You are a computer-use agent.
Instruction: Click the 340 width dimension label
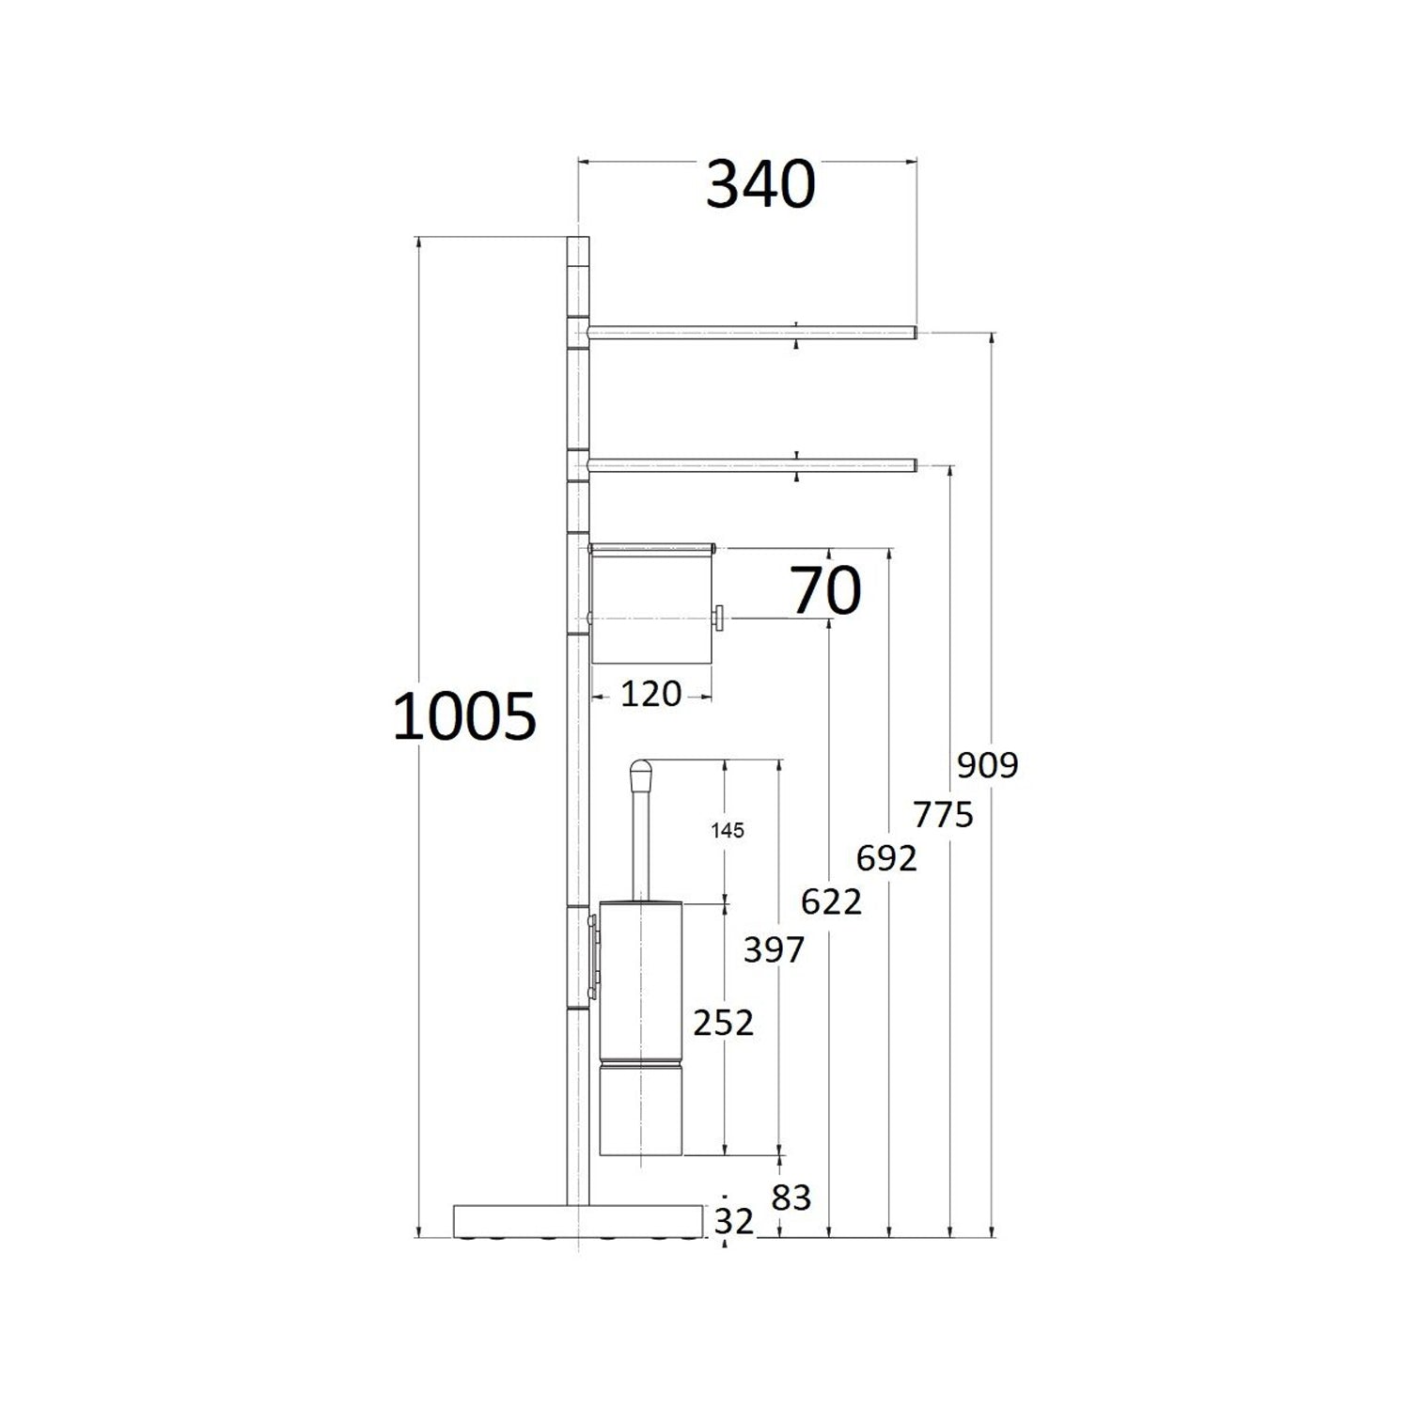(x=760, y=185)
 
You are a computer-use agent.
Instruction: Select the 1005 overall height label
(x=463, y=716)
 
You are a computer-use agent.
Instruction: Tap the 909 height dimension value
(x=987, y=765)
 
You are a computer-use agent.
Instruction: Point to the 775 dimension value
(x=944, y=813)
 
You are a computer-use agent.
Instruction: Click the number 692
(x=886, y=857)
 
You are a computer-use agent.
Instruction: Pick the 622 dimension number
(x=831, y=902)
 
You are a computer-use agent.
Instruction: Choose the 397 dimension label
(x=774, y=950)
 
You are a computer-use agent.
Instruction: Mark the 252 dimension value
(x=723, y=1023)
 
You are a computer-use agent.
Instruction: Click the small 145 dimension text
(x=728, y=830)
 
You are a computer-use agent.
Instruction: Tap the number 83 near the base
(x=791, y=1198)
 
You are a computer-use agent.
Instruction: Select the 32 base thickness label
(x=734, y=1221)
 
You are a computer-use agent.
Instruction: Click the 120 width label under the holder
(x=650, y=695)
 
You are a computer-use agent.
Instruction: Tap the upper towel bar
(x=752, y=332)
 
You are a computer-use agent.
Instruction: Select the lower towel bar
(x=752, y=463)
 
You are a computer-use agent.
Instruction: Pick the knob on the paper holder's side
(x=718, y=619)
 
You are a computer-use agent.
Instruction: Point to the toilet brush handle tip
(x=639, y=774)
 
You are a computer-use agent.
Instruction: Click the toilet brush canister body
(x=644, y=1025)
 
